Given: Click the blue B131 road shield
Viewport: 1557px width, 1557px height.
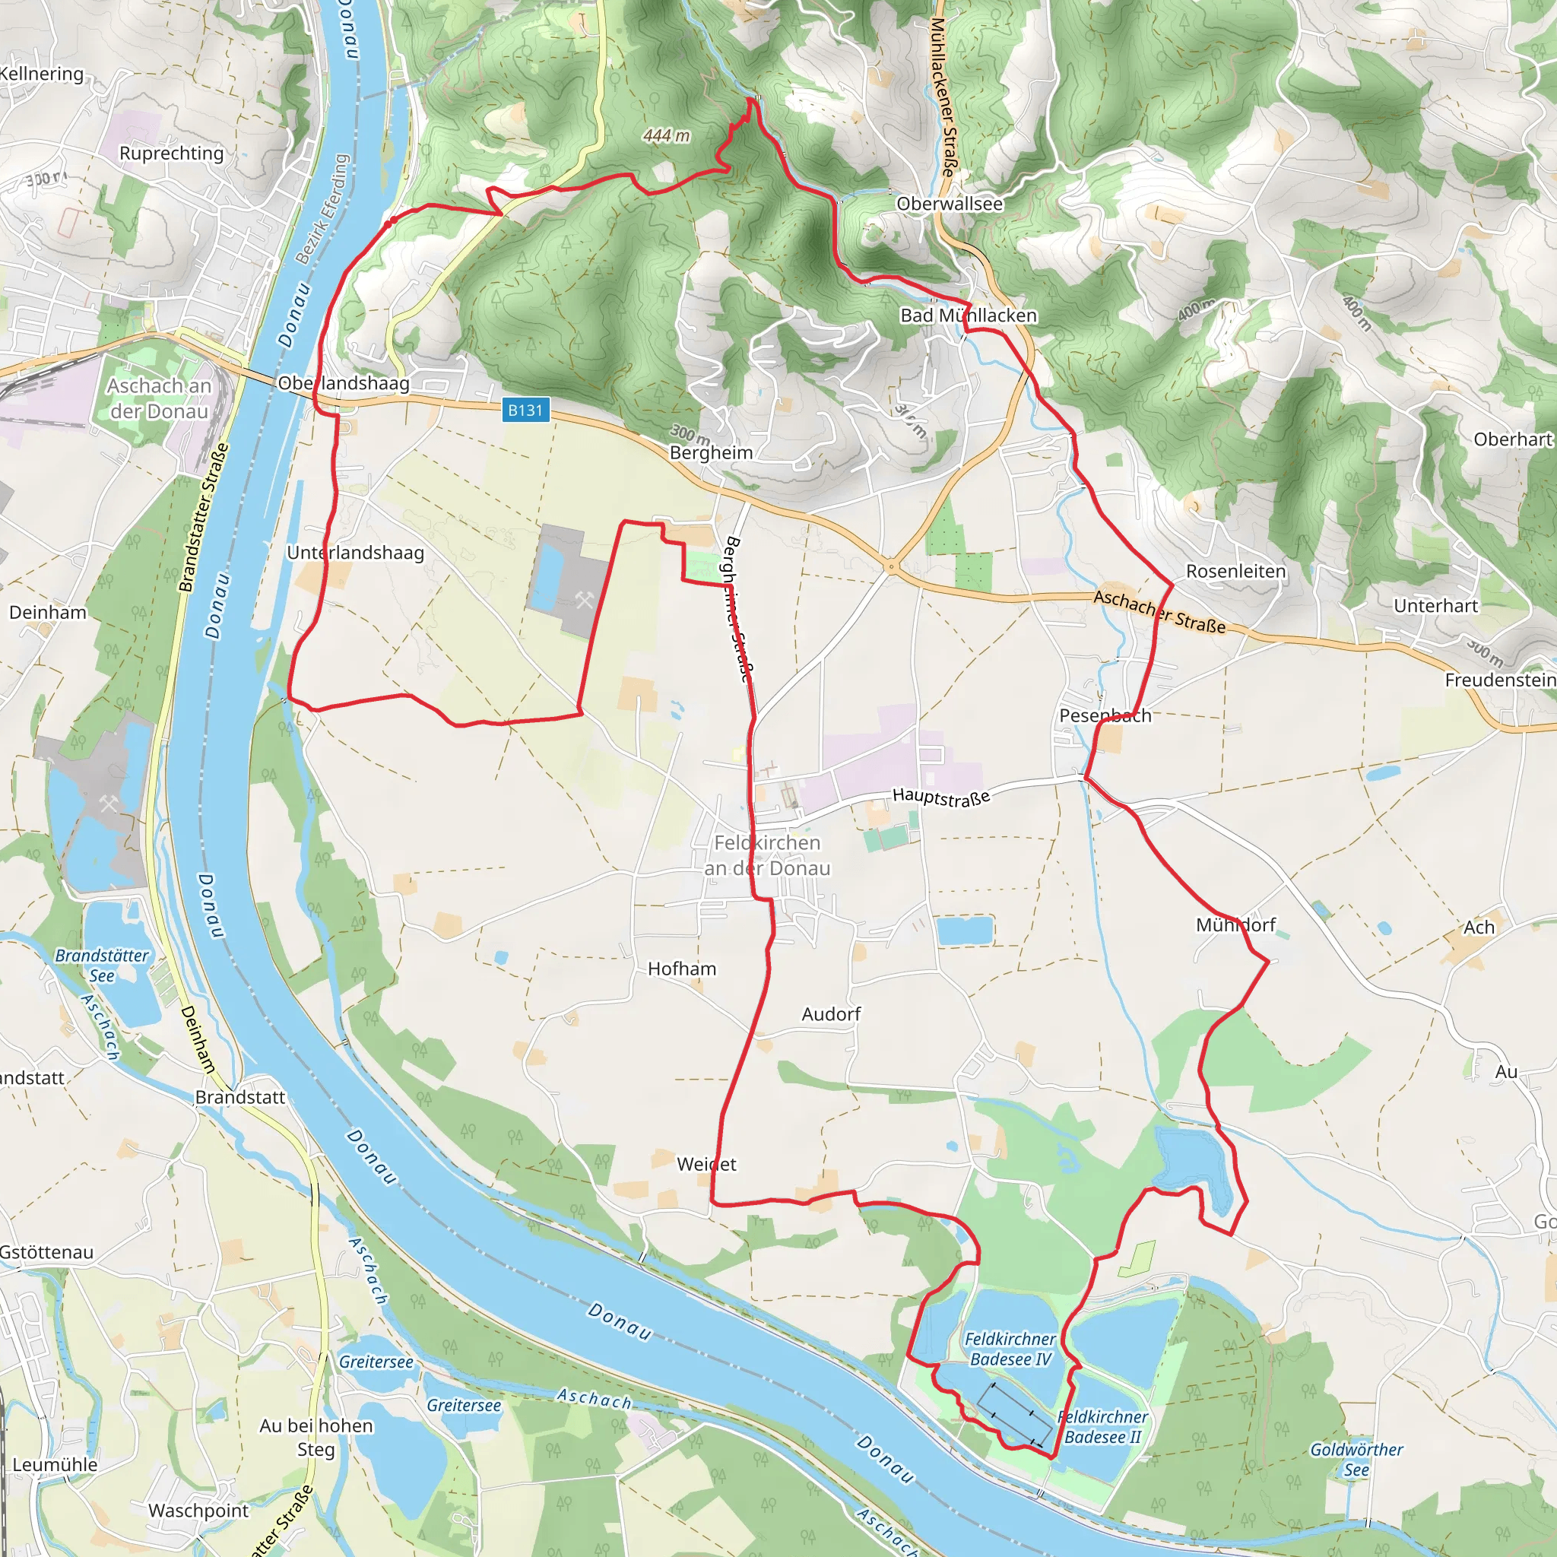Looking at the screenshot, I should (525, 411).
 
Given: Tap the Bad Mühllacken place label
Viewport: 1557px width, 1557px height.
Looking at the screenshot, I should (968, 315).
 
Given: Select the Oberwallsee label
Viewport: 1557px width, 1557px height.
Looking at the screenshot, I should (950, 204).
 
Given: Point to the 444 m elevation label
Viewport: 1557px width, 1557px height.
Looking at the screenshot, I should (666, 135).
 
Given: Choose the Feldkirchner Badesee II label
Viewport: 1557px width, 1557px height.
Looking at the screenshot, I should (1102, 1427).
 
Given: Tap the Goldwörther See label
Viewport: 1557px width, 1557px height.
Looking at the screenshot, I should (1356, 1460).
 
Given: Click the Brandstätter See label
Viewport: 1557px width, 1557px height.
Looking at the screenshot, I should (102, 965).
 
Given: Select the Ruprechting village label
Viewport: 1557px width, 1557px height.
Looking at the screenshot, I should (172, 153).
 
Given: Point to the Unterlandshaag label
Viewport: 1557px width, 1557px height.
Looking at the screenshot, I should (355, 553).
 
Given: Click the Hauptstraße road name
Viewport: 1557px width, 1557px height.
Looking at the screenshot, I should (940, 797).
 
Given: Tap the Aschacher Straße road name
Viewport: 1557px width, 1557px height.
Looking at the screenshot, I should (1159, 613).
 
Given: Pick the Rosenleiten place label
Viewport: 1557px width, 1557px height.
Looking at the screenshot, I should (1235, 572).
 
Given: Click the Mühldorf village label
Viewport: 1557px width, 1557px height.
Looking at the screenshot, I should (1235, 924).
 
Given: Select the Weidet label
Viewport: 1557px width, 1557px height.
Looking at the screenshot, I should (706, 1164).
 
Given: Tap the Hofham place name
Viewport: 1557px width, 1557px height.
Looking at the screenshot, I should (682, 969).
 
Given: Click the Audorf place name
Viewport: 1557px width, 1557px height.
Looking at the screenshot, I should (831, 1014).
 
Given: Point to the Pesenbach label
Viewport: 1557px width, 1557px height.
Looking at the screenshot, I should (1104, 715).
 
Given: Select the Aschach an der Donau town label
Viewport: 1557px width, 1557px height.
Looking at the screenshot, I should (160, 398).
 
